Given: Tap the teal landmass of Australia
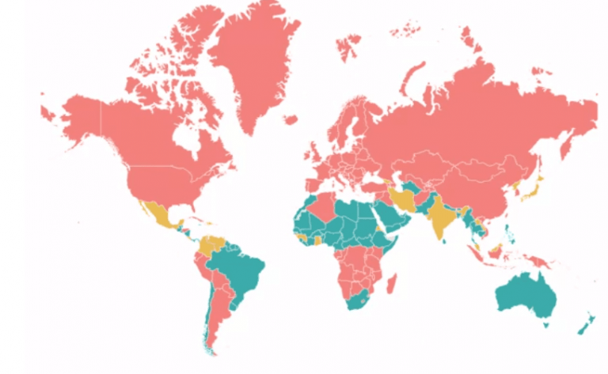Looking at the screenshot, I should click(x=524, y=297).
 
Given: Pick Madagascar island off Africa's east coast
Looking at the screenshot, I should click(x=391, y=282).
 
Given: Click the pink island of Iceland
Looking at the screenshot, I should click(x=290, y=121).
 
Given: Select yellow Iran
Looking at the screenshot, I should click(x=401, y=196).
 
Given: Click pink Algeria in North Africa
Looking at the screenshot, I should click(x=321, y=207).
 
